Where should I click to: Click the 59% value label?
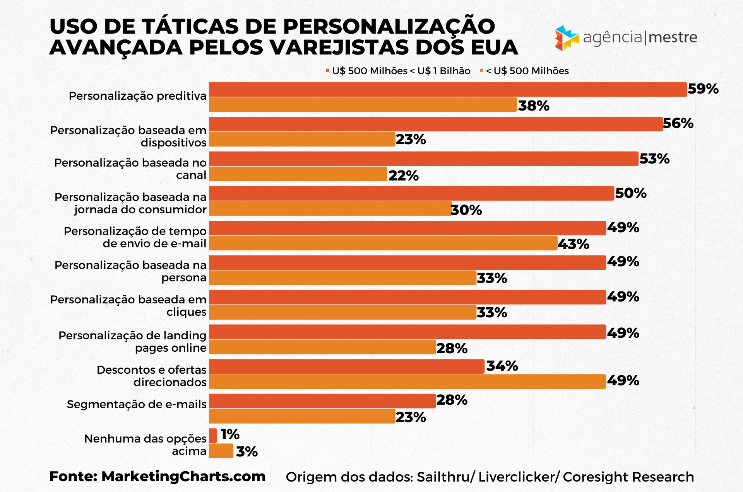[x=703, y=89]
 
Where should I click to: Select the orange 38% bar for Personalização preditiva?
[x=363, y=105]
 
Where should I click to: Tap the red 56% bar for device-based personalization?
[x=435, y=124]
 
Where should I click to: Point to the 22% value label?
[x=403, y=176]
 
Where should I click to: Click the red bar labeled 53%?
[x=423, y=159]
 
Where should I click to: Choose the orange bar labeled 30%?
[x=330, y=209]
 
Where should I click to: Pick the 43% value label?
[x=573, y=244]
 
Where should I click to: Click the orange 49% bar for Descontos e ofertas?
[x=407, y=381]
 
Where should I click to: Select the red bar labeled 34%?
[x=346, y=366]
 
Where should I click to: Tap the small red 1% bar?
[x=213, y=436]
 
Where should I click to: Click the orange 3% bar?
[x=221, y=451]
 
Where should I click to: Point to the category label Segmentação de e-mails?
[x=137, y=404]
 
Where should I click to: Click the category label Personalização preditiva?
[x=137, y=96]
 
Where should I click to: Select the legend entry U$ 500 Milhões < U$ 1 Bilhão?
[x=401, y=71]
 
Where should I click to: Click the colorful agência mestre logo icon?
[x=566, y=38]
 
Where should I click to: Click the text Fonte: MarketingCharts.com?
[x=158, y=477]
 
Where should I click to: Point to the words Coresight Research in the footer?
[x=628, y=477]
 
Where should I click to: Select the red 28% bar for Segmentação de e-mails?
[x=322, y=401]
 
